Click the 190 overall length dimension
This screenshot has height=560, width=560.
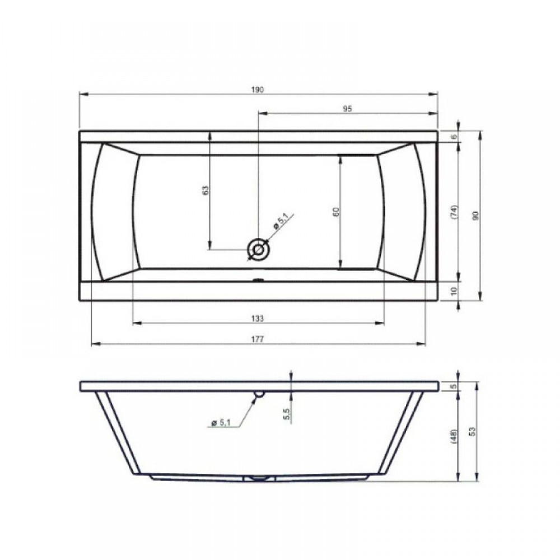point(257,90)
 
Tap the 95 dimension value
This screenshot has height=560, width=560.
point(347,109)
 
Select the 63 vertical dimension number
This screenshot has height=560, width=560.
point(205,190)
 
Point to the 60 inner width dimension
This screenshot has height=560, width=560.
point(335,212)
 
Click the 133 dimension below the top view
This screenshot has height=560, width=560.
point(257,318)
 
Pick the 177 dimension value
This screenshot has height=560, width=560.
point(257,339)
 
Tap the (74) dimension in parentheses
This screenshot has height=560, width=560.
point(454,212)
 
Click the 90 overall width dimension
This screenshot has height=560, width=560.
point(475,216)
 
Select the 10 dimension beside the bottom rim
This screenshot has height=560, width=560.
point(454,291)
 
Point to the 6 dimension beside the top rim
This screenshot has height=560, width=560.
point(454,137)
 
